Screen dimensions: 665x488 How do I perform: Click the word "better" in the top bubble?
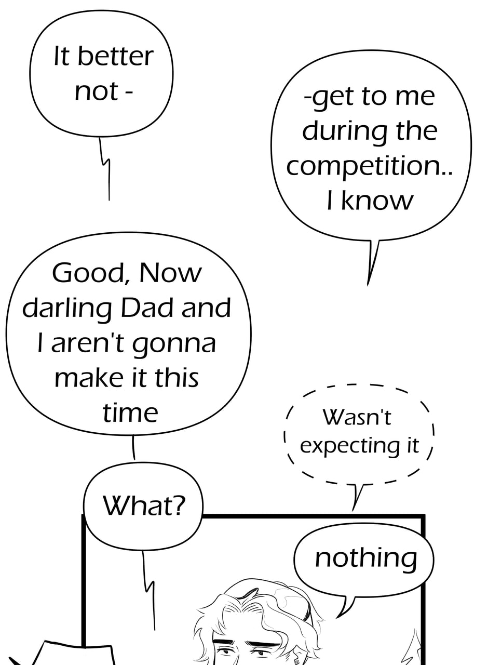116,56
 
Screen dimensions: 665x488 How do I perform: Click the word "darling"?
67,309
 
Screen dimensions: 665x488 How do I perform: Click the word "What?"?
143,506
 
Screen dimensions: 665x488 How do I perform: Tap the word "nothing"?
366,558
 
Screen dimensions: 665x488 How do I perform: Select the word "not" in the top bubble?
96,91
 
